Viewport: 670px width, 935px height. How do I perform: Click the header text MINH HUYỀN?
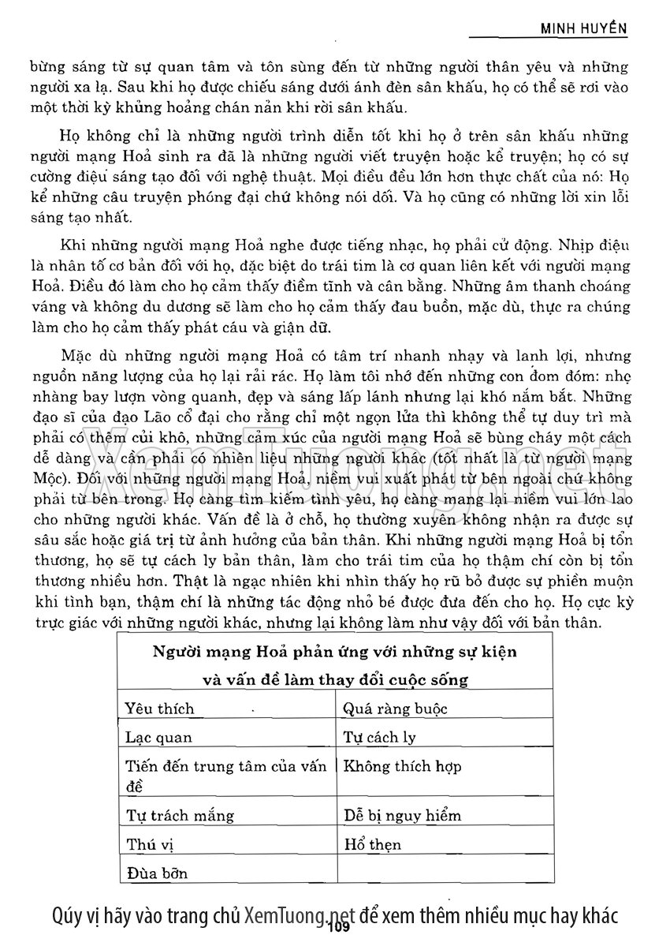click(x=583, y=28)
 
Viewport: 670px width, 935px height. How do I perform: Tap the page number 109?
click(x=335, y=927)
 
